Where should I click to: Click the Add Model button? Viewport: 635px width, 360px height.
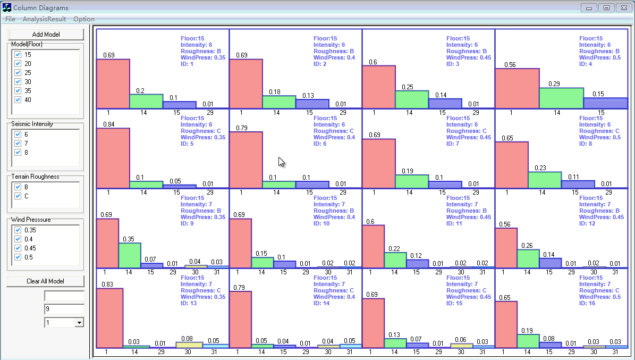coord(46,35)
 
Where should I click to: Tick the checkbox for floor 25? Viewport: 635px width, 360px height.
coord(18,73)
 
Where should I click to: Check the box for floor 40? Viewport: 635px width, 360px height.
coord(18,100)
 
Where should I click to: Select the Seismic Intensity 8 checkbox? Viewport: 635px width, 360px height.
coord(18,153)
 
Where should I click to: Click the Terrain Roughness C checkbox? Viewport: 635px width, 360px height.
coord(18,196)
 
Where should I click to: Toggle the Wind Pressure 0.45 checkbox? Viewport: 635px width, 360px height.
coord(18,248)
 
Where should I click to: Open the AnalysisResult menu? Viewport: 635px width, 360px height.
coord(45,19)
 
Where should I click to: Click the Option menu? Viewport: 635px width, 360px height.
coord(84,19)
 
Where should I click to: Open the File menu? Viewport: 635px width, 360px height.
coord(10,19)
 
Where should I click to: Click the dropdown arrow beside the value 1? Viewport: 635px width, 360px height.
coord(79,322)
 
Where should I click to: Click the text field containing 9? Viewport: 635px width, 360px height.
coord(64,309)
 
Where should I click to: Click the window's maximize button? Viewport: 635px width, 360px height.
coord(606,7)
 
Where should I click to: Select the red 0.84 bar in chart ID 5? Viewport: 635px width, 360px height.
coord(113,158)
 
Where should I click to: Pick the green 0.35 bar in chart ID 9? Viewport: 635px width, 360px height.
coord(130,255)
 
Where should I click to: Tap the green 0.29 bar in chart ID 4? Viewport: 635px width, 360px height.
coord(561,98)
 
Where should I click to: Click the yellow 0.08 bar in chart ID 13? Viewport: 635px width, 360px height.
coord(189,345)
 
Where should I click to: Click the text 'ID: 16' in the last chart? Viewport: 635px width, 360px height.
coord(588,304)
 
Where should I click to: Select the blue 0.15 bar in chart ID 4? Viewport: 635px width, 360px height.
coord(605,103)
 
